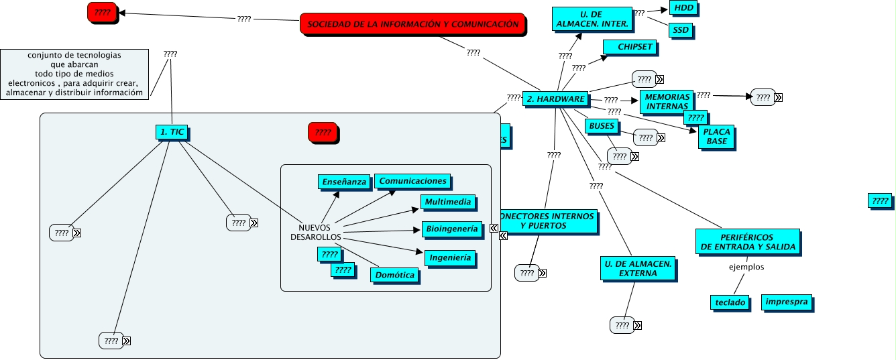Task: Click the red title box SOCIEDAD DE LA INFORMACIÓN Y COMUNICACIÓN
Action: click(412, 24)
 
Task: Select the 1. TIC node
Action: click(172, 132)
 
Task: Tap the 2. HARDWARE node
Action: click(555, 99)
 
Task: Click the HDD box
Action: click(683, 9)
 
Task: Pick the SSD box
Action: click(681, 30)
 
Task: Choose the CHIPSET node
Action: click(630, 47)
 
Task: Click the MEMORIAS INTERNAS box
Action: click(667, 101)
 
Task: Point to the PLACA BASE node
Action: click(716, 137)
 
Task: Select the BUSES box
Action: click(602, 126)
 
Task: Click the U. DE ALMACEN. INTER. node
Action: click(592, 19)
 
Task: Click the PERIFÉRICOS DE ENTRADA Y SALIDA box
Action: click(747, 242)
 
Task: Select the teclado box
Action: click(730, 302)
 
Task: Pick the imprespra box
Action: click(787, 302)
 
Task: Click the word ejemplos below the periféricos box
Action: click(746, 267)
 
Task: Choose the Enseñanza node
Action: click(344, 182)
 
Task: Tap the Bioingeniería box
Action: click(452, 229)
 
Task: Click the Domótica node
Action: click(394, 275)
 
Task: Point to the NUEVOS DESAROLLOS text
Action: click(315, 232)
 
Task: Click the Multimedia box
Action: click(448, 202)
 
